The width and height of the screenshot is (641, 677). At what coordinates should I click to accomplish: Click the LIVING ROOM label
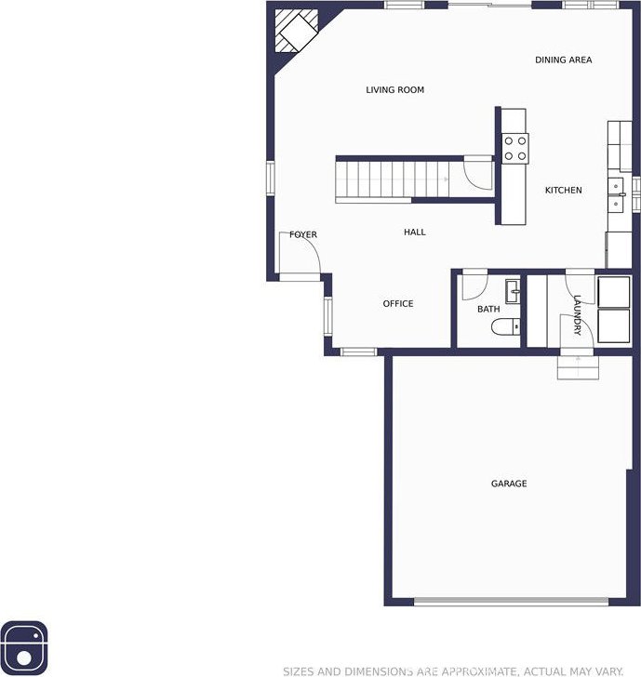point(394,90)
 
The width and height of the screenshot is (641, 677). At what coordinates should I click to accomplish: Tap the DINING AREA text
point(563,60)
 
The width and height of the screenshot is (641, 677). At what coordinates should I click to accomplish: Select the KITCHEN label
point(563,190)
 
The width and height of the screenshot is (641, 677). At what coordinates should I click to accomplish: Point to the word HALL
point(415,232)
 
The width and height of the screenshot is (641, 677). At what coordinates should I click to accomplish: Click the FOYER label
point(303,234)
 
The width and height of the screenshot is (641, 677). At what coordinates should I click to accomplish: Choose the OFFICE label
point(398,304)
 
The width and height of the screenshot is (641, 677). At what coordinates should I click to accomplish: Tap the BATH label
point(488,309)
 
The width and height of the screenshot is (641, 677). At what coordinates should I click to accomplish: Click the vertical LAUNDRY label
point(577,315)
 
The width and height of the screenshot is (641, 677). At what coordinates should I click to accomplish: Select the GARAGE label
point(509,484)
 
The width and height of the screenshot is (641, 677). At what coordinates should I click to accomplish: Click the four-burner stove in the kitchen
point(515,149)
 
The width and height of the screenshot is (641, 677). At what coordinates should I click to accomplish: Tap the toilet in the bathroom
point(505,326)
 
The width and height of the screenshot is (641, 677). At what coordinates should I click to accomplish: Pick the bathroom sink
point(513,291)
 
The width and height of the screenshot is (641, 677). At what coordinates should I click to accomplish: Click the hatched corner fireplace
point(297,31)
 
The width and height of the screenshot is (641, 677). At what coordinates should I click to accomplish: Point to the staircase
point(393,179)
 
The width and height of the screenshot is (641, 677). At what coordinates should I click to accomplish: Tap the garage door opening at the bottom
point(511,601)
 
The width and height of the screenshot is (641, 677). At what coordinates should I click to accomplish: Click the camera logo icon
point(24,645)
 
